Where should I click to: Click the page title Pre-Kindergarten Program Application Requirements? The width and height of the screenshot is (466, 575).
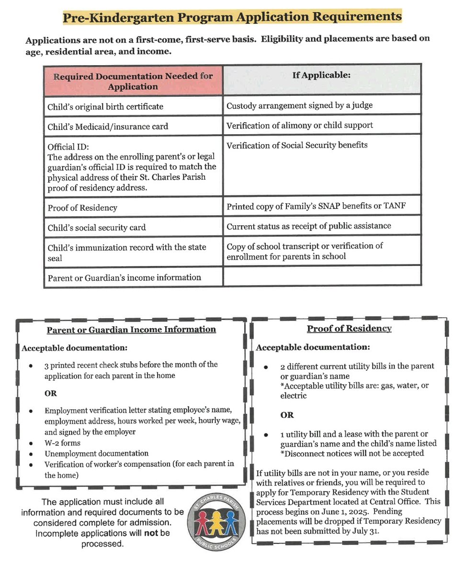(x=233, y=16)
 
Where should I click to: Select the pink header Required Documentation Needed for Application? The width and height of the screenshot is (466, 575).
(x=133, y=81)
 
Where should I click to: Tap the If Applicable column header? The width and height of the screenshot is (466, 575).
(x=321, y=76)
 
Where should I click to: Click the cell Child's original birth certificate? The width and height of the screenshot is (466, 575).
(x=105, y=106)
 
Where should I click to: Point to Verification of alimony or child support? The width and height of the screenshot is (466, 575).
(x=299, y=125)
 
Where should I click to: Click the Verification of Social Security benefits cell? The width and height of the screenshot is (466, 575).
(x=297, y=145)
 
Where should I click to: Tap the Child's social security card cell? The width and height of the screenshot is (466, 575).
(x=97, y=228)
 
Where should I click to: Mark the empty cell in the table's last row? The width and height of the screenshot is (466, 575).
(x=321, y=277)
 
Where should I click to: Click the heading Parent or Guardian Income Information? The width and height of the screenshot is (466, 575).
(x=131, y=329)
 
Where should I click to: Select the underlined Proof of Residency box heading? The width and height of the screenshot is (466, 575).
(x=349, y=328)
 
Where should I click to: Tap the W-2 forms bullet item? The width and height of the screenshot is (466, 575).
(x=62, y=443)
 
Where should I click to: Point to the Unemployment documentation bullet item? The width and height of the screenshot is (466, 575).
(x=96, y=453)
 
